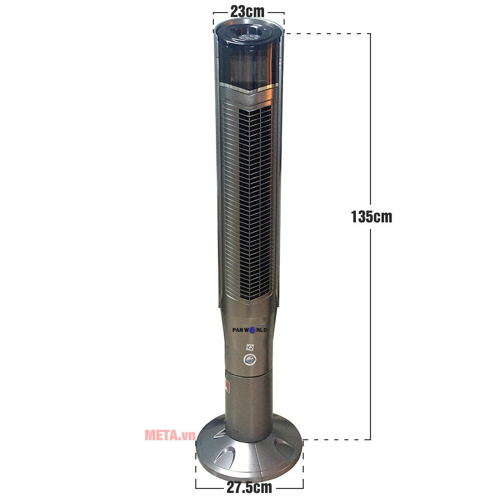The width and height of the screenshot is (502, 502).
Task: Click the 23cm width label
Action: tap(247, 11)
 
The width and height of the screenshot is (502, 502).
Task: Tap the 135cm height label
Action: tap(371, 217)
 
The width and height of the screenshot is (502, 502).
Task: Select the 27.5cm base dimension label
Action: tap(249, 487)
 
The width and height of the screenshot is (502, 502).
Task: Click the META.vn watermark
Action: tap(170, 435)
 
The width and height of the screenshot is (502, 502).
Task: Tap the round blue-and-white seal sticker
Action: tap(249, 359)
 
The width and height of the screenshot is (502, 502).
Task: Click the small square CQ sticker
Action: tap(249, 347)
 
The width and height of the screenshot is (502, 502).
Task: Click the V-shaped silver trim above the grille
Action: tap(249, 93)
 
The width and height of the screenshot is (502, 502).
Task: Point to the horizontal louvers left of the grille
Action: tap(228, 201)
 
